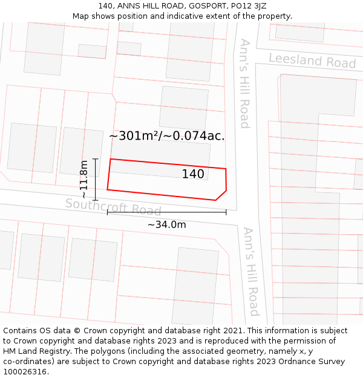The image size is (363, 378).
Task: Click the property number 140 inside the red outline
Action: pyautogui.click(x=193, y=174)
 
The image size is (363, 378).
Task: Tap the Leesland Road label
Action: pyautogui.click(x=312, y=60)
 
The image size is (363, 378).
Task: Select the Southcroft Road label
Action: pyautogui.click(x=113, y=207)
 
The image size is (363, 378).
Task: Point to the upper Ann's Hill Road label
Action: pyautogui.click(x=244, y=83)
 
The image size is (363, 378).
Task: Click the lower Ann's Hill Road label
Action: pyautogui.click(x=251, y=272)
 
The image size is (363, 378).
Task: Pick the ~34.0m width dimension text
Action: pyautogui.click(x=166, y=224)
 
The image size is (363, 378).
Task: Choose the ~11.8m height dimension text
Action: pyautogui.click(x=83, y=179)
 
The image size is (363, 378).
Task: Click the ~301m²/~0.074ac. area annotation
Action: pyautogui.click(x=167, y=136)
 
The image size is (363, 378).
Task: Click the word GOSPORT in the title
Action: pyautogui.click(x=197, y=6)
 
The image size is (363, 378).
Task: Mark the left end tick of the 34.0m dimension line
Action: pyautogui.click(x=108, y=212)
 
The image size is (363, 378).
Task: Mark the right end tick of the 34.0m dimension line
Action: pyautogui.click(x=226, y=212)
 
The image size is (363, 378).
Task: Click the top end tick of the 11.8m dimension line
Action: pyautogui.click(x=95, y=159)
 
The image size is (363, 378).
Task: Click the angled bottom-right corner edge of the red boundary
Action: pyautogui.click(x=221, y=195)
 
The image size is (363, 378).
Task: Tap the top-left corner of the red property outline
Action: pyautogui.click(x=110, y=159)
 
